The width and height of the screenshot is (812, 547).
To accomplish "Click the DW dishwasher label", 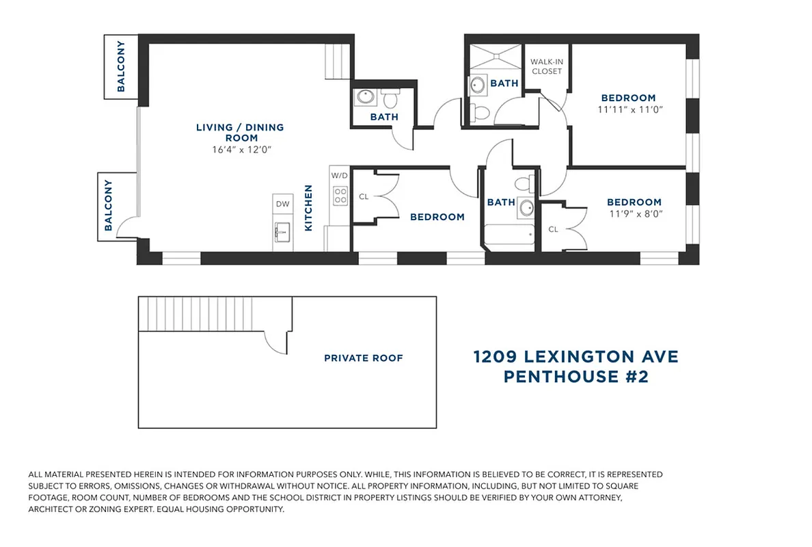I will point(282,204).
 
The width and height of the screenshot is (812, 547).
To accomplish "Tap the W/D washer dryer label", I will point(339,175).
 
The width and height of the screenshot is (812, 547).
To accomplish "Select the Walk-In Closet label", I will point(546,66).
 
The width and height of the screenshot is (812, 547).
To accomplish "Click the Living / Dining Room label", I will point(240,133).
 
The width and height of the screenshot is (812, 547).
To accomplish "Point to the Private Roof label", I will point(364,358).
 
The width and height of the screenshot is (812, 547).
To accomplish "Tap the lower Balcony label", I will point(108,204).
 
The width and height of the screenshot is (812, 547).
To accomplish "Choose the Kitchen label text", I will point(309,208).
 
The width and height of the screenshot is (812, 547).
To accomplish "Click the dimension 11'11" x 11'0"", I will point(631,109).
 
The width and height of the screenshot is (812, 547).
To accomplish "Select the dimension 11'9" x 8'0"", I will point(634,213).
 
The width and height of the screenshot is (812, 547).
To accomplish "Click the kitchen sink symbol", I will point(282,232).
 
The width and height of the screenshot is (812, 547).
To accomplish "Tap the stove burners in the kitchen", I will point(339,196).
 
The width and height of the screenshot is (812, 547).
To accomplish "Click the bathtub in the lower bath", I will point(509,237).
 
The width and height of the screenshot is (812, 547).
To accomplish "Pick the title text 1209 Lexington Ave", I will point(576,357).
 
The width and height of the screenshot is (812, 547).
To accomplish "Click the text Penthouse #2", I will point(576,377).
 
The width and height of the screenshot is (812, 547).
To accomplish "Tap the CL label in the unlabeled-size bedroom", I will point(364,196).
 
